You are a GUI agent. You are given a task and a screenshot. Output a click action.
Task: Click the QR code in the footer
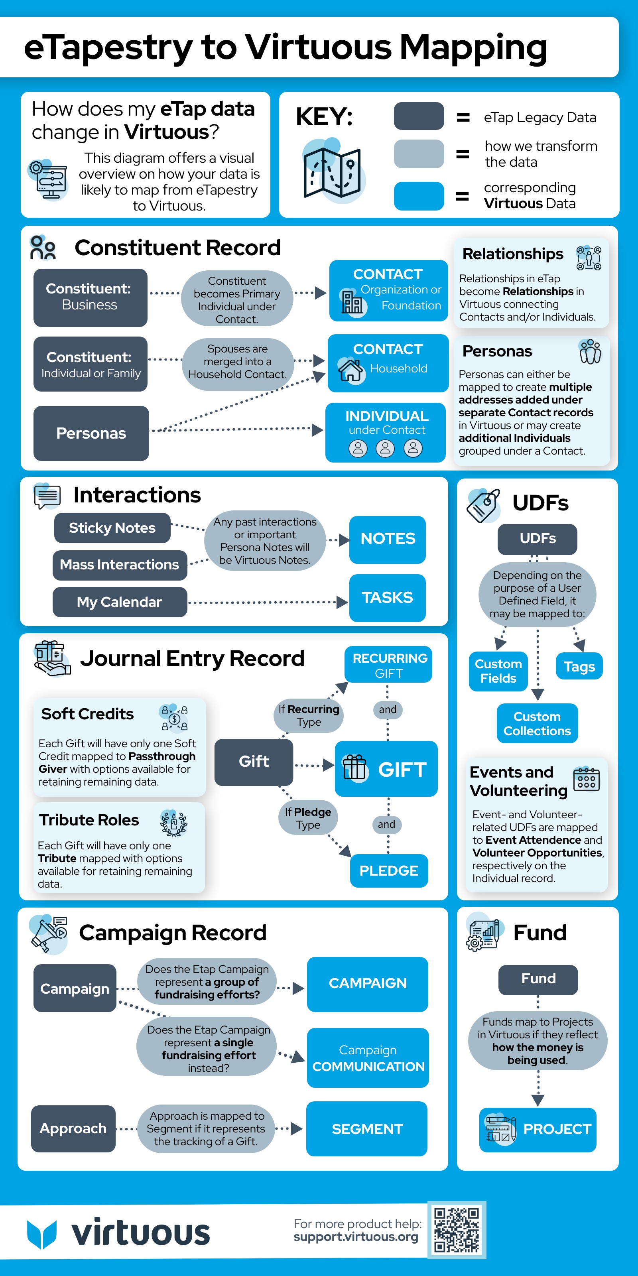point(457,1230)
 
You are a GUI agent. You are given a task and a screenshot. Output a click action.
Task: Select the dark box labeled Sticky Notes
point(112,528)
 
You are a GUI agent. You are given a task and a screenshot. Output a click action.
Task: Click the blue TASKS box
point(387,597)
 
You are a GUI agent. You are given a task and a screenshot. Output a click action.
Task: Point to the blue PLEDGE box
point(389,870)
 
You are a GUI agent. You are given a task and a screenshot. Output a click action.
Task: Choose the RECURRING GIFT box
point(389,665)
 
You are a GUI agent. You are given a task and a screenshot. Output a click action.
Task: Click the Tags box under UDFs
point(579,666)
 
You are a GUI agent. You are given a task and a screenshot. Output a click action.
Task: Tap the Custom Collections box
point(538,723)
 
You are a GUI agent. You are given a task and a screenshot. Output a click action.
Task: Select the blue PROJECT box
point(538,1129)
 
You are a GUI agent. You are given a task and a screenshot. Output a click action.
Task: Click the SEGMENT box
point(367,1129)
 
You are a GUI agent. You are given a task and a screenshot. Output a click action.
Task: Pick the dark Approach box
point(73,1128)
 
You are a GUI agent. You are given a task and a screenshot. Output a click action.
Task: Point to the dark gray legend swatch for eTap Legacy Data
point(419,116)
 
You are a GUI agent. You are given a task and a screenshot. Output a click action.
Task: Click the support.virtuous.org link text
point(356,1237)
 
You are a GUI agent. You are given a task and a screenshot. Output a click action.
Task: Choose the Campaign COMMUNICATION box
point(368,1057)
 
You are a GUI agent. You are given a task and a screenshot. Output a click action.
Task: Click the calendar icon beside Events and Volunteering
point(587,779)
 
